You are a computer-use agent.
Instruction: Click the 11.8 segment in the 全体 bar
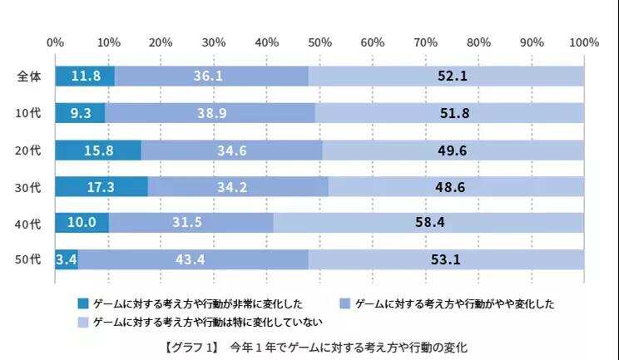pos(85,76)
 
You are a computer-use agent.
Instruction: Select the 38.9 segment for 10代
pos(210,113)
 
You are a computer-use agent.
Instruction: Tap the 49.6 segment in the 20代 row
pos(453,150)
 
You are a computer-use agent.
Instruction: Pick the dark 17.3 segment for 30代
pos(101,187)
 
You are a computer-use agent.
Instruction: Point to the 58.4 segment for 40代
pos(428,224)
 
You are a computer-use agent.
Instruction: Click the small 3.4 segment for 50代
pos(66,260)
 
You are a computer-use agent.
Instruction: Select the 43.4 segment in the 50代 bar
pos(192,260)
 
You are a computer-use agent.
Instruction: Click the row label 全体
pos(29,76)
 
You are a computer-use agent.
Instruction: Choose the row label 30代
pos(29,187)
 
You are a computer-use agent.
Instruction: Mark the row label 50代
pos(29,260)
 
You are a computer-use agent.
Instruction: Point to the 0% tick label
pos(56,42)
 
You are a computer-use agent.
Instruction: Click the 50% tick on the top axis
pos(319,42)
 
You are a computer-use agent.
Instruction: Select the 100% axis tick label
pos(584,42)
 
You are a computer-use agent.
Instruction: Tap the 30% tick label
pos(214,42)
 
